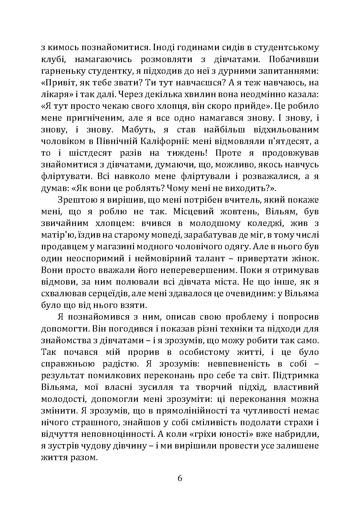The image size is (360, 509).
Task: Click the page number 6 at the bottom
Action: coord(180,478)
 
